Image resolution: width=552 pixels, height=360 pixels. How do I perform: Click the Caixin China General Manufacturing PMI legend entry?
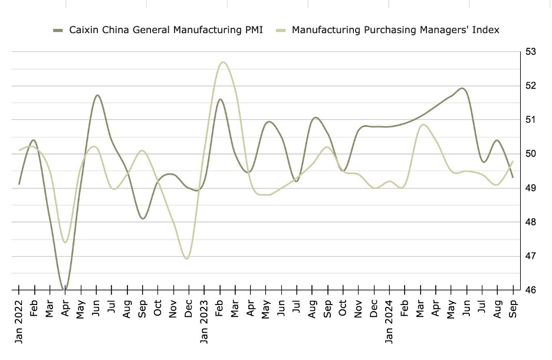[166, 30]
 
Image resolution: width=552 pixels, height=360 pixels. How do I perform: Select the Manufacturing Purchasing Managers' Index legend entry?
[396, 30]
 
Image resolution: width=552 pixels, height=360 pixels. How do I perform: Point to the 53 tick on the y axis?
[531, 52]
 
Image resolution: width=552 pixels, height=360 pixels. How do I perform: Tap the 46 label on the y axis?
[531, 290]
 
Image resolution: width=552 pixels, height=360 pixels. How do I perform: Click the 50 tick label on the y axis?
[531, 154]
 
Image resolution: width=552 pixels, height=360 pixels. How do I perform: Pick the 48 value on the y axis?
[531, 222]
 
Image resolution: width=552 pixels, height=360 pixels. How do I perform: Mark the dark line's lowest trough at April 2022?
[65, 290]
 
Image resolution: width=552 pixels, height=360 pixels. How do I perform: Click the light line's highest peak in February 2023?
[222, 62]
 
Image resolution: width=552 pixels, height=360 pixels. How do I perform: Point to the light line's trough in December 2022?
[187, 258]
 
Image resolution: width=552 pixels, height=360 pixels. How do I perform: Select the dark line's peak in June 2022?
[97, 95]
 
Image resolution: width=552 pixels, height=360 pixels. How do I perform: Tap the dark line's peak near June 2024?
[462, 89]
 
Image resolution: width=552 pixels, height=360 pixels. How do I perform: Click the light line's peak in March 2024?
[423, 125]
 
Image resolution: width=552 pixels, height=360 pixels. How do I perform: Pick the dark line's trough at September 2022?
[143, 218]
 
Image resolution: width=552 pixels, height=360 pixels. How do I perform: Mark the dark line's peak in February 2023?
[220, 99]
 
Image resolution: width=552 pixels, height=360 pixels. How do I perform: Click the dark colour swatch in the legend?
[58, 30]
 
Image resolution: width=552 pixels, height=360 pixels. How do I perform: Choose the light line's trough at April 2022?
[65, 242]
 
